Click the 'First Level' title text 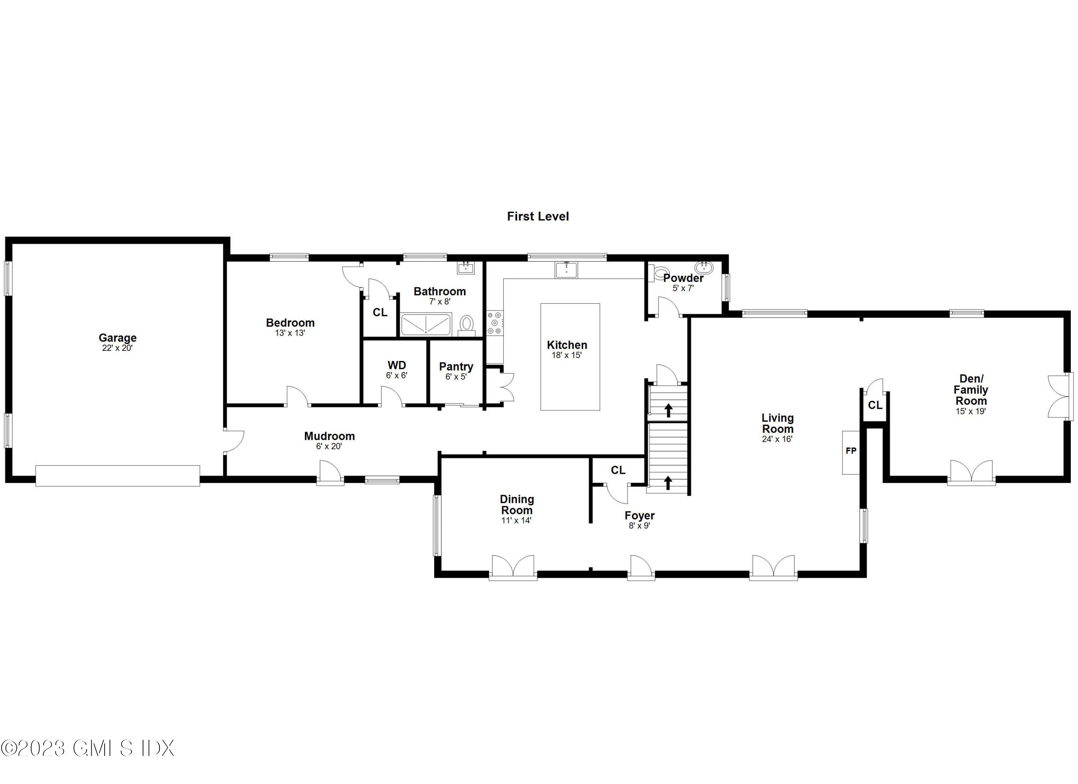coord(538,216)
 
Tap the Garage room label coord(118,338)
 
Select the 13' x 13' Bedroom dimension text coord(290,333)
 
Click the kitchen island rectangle coord(570,357)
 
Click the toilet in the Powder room coord(660,273)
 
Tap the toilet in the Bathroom coord(467,324)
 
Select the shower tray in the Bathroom coord(425,324)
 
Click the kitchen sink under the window coord(566,270)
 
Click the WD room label coord(396,365)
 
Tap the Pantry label coord(456,367)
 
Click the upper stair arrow coord(668,410)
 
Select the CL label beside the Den coord(875,405)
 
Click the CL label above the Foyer coord(618,470)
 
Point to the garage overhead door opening coord(118,476)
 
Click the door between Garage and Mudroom coord(233,442)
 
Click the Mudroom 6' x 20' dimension coord(329,446)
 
